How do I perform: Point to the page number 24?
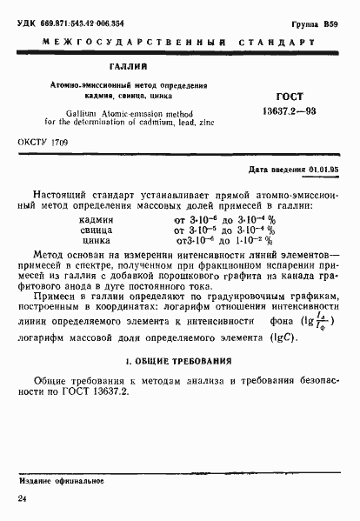tap(23, 498)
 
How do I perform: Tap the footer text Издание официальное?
tap(57, 478)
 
